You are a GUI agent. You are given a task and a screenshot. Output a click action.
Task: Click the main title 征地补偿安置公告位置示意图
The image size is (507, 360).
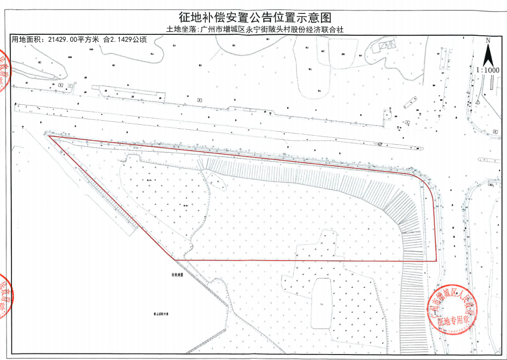point(254,18)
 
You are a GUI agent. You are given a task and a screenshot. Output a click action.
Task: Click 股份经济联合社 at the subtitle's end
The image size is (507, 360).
point(318,29)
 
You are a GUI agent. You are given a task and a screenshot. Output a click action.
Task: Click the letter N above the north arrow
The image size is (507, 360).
point(488,40)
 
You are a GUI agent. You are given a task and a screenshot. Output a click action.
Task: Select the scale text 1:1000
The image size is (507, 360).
point(488,70)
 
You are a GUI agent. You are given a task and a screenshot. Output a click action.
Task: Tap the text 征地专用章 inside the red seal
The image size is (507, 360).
point(453,322)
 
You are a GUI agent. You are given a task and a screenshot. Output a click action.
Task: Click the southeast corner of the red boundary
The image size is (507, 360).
point(436,261)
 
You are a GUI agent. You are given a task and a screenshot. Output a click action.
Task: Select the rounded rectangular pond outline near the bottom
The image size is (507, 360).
point(322,303)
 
